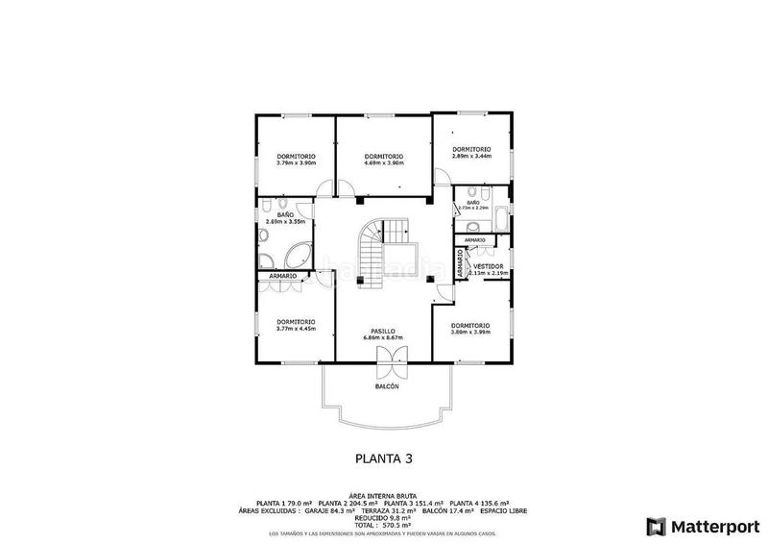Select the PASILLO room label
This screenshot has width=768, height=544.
(384, 331)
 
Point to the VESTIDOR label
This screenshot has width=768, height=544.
(488, 266)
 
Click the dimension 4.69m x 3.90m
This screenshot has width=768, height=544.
(383, 163)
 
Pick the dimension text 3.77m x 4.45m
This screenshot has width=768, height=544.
(296, 329)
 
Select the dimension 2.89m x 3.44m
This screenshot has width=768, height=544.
(471, 156)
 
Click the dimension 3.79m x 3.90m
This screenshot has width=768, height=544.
(296, 163)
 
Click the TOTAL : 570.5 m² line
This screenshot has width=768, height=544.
(383, 526)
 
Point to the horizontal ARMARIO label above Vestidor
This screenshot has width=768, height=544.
(474, 239)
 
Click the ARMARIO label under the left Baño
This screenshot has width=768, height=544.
(282, 277)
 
